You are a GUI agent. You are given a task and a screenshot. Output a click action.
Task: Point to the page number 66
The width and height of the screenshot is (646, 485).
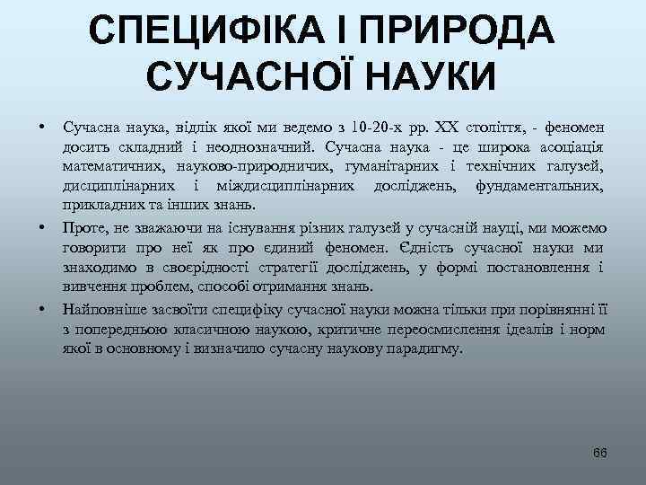click(600, 452)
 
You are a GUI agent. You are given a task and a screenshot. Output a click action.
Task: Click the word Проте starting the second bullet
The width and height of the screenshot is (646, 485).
click(83, 228)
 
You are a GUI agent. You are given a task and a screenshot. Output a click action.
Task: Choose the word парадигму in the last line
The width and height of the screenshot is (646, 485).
click(429, 348)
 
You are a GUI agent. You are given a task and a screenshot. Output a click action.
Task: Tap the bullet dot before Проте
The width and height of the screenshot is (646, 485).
click(42, 228)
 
